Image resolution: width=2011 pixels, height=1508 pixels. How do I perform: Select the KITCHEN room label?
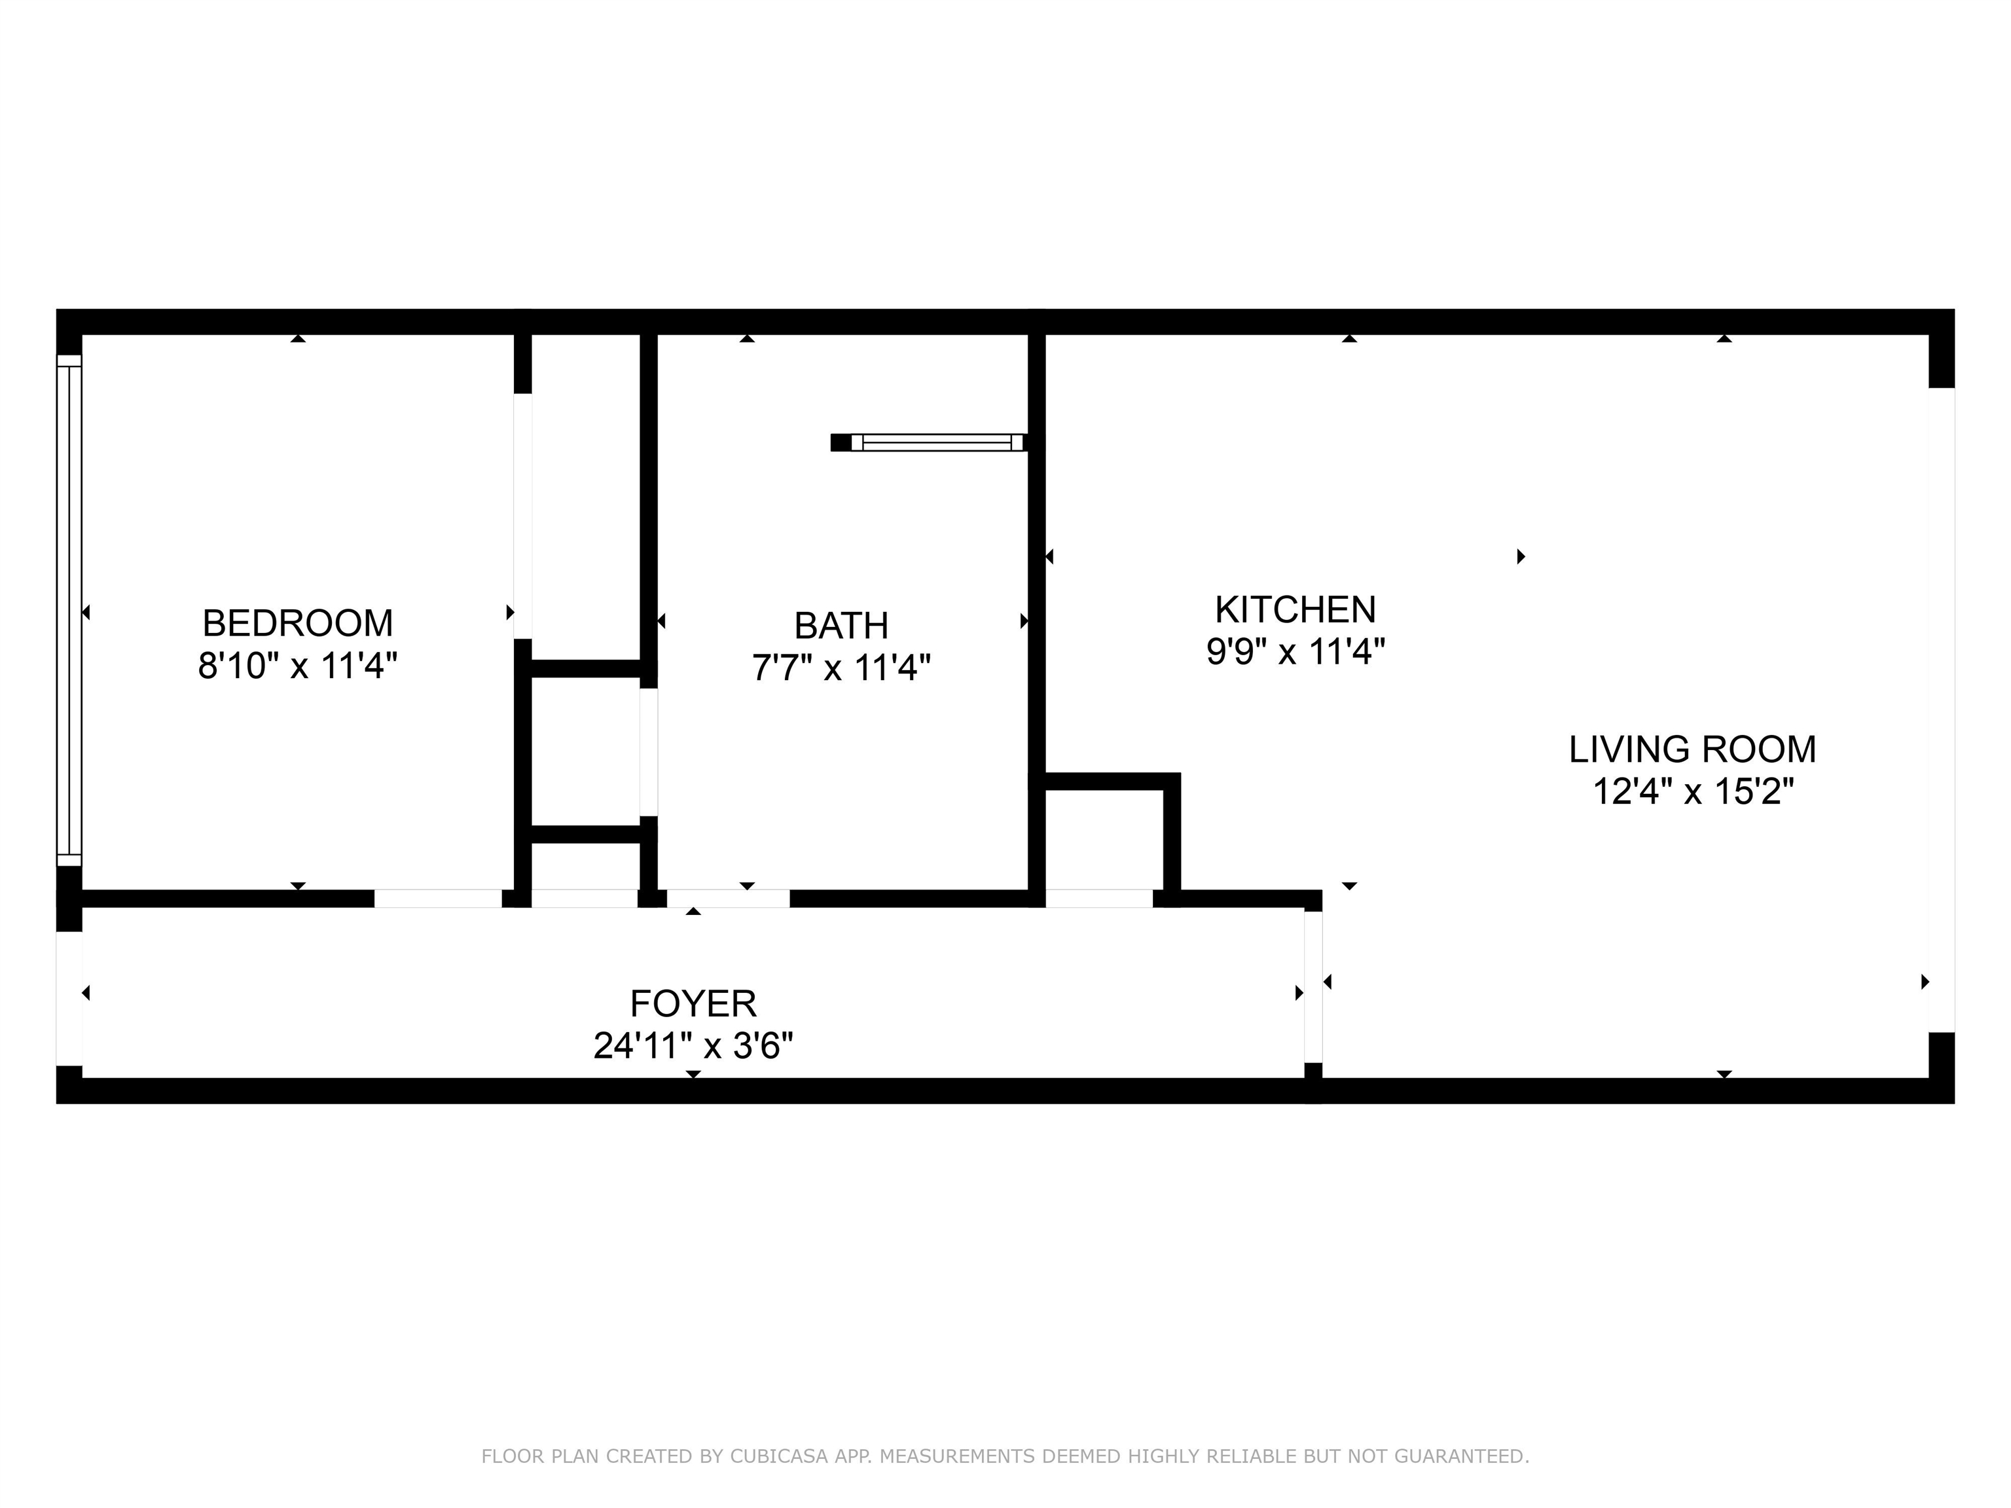pos(1295,609)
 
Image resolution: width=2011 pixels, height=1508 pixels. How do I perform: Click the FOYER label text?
pos(693,1003)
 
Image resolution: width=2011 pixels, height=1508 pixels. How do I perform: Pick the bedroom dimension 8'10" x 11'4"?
pos(299,666)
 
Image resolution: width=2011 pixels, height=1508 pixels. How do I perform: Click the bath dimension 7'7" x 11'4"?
pos(841,668)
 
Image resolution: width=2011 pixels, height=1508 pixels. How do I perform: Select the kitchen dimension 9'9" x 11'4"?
pos(1295,652)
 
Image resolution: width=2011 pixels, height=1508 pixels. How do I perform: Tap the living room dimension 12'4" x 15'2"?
pos(1693,792)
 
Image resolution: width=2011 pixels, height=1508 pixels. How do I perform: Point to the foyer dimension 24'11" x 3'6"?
pos(693,1046)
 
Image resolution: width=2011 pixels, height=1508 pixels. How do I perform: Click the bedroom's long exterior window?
pos(69,610)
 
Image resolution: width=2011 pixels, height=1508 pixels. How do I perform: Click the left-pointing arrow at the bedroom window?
pos(86,613)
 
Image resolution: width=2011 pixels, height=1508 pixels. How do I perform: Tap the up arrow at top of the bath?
pos(748,338)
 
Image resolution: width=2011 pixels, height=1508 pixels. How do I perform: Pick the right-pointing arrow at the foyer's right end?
pos(1299,994)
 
